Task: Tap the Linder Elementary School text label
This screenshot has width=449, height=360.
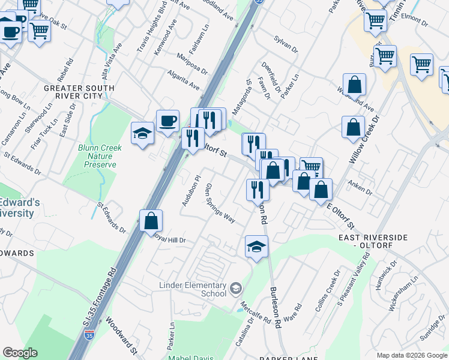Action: tap(193, 290)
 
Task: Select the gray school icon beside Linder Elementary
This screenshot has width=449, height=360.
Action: tap(236, 289)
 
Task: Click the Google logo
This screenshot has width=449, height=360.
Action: tap(20, 353)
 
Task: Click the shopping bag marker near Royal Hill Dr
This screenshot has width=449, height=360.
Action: tap(151, 220)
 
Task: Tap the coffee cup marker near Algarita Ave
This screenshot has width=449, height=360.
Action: tap(167, 120)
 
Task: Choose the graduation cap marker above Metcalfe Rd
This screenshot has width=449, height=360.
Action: tap(256, 246)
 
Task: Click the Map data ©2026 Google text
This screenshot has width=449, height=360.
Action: tap(412, 355)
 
